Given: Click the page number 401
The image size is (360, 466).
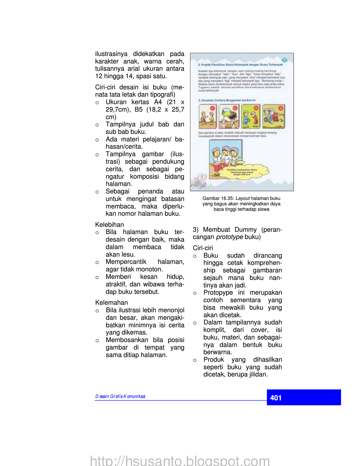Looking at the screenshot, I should pyautogui.click(x=276, y=398).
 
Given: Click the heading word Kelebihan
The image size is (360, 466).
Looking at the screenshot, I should pyautogui.click(x=110, y=224).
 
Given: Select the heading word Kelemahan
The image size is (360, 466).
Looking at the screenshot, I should pyautogui.click(x=111, y=302).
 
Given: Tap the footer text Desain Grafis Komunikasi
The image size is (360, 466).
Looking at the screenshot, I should pyautogui.click(x=120, y=396).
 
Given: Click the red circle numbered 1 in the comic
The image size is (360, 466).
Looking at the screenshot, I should pyautogui.click(x=212, y=108).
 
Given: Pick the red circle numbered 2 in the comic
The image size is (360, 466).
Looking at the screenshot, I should pyautogui.click(x=235, y=108).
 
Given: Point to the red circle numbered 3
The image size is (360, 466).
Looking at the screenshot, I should pyautogui.click(x=256, y=108).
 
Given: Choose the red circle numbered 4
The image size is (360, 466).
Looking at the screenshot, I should pyautogui.click(x=280, y=108).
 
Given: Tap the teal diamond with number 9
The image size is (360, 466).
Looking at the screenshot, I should pyautogui.click(x=284, y=60).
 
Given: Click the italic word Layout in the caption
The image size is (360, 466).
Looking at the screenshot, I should pyautogui.click(x=242, y=198).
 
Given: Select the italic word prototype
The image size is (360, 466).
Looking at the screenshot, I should pyautogui.click(x=229, y=237).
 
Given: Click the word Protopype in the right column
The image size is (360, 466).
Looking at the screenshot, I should pyautogui.click(x=218, y=293).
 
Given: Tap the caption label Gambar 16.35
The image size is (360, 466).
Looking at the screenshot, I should pyautogui.click(x=218, y=198).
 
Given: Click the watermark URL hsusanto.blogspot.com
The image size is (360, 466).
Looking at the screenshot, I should pyautogui.click(x=180, y=461).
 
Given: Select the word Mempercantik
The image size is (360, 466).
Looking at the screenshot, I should pyautogui.click(x=126, y=262).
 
